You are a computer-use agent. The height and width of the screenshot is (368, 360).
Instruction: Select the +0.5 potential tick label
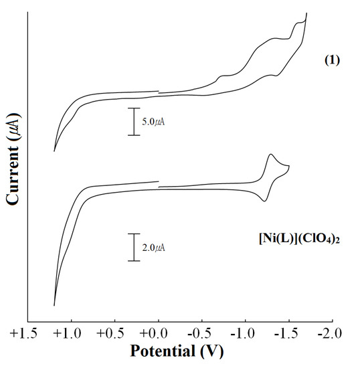coord(114,333)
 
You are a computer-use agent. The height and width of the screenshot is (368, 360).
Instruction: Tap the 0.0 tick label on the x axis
coord(158,333)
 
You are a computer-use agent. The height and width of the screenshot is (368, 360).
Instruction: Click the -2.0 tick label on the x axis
coord(331,333)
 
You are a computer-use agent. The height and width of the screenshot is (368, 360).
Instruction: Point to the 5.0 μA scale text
coord(153,122)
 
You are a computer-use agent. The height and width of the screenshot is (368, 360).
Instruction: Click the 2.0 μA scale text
coord(153,248)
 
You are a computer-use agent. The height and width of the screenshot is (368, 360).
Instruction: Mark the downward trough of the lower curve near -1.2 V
coord(265,201)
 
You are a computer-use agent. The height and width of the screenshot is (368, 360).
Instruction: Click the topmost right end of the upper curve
coord(306,13)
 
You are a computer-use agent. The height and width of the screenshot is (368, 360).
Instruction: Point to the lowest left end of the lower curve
coord(54,305)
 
